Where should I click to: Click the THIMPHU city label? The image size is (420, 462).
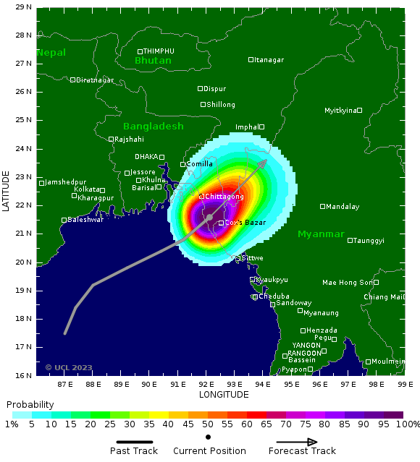point(159,51)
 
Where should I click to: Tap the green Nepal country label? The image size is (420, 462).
point(51,53)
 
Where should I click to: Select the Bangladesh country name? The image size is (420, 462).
point(153,126)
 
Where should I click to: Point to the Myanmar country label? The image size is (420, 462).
point(321,234)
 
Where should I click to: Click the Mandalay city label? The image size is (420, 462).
point(343,207)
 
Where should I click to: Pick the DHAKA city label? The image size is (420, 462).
point(146,157)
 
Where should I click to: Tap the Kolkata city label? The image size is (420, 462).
point(87,189)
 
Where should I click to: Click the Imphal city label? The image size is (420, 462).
point(247,127)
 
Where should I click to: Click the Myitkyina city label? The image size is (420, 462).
point(340,111)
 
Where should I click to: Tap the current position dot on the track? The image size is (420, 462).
point(209,217)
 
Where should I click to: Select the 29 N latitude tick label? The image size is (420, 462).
point(23,7)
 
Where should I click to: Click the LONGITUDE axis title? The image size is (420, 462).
point(223,395)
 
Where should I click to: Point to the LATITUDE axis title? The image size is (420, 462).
point(6,191)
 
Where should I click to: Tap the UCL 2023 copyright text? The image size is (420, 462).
point(69,367)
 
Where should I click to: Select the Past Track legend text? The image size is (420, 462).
point(134,451)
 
